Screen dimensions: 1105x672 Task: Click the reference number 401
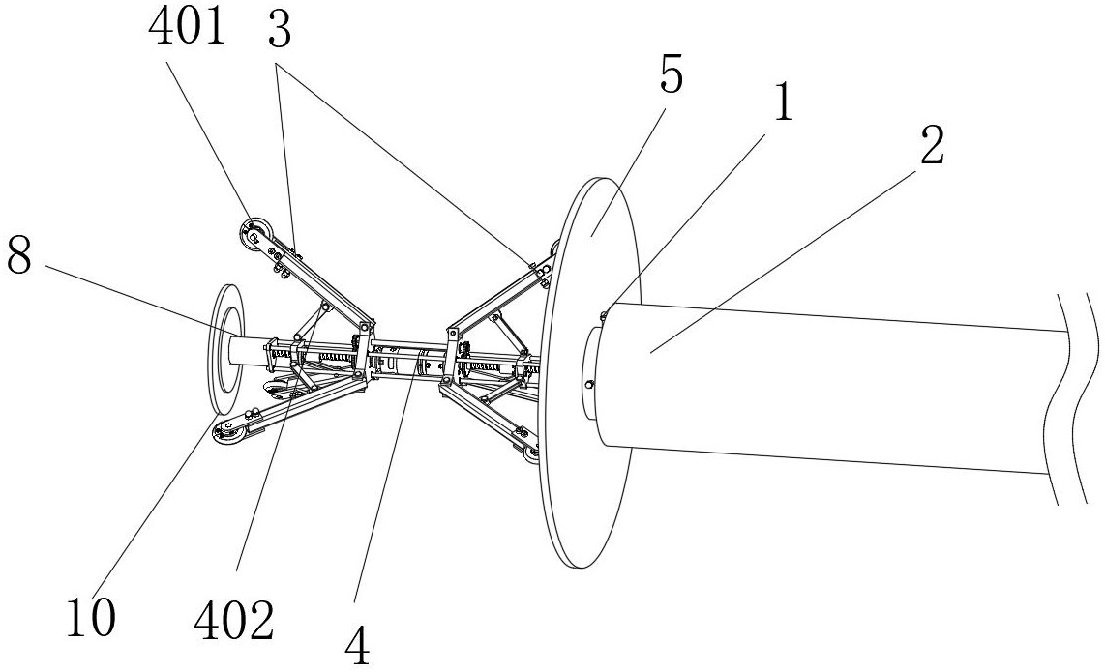[188, 27]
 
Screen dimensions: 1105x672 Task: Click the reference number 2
[932, 147]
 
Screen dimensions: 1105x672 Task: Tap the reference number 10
[91, 618]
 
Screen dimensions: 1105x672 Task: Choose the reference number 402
[234, 622]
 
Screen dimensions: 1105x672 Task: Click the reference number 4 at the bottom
[357, 647]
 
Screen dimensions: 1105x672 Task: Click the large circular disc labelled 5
[588, 372]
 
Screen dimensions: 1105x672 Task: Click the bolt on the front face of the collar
[590, 384]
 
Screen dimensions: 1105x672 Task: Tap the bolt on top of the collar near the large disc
[603, 314]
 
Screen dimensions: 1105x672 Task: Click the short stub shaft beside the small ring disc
[247, 352]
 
